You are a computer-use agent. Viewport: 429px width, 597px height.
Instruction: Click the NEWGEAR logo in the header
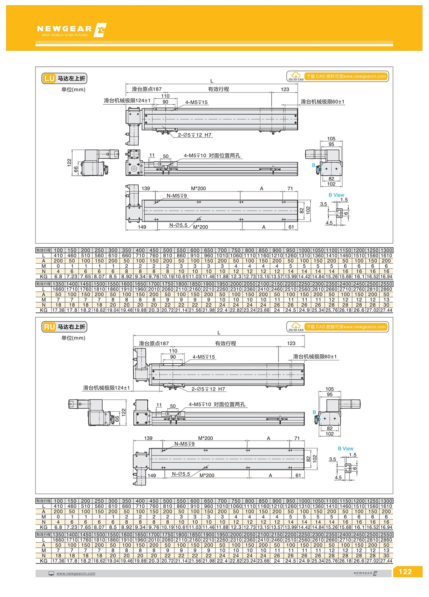click(x=71, y=30)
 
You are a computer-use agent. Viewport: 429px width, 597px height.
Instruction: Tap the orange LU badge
click(x=49, y=78)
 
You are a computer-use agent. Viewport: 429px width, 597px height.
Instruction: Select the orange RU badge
click(x=49, y=327)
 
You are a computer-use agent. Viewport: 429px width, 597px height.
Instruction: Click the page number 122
click(x=405, y=572)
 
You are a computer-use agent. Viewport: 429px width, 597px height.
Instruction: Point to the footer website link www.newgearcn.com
click(x=76, y=573)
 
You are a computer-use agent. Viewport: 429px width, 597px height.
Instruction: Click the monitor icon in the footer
click(x=51, y=573)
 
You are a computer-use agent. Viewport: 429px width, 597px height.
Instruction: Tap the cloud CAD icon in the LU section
click(x=296, y=76)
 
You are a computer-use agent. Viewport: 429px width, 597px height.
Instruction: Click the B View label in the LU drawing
click(x=336, y=195)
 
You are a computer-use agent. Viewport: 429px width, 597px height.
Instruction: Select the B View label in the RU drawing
click(x=345, y=448)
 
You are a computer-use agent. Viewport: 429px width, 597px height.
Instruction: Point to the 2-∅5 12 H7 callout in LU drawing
click(x=194, y=135)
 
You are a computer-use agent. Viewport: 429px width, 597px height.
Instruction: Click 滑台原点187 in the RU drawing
click(x=154, y=343)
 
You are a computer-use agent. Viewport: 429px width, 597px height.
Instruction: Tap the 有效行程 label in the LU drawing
click(x=218, y=89)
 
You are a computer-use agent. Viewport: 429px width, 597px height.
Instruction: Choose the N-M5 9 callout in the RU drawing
click(x=184, y=444)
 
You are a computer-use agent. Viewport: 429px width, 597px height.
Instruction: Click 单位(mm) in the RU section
click(x=73, y=338)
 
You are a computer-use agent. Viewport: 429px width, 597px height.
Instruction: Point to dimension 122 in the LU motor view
click(x=69, y=162)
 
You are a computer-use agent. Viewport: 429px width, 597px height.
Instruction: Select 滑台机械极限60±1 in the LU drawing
click(x=322, y=102)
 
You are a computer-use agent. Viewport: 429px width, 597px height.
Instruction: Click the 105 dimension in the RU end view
click(x=330, y=389)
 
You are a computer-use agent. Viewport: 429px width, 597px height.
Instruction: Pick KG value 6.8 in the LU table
click(x=58, y=277)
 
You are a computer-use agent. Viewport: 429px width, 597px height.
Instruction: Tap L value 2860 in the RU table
click(x=386, y=540)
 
